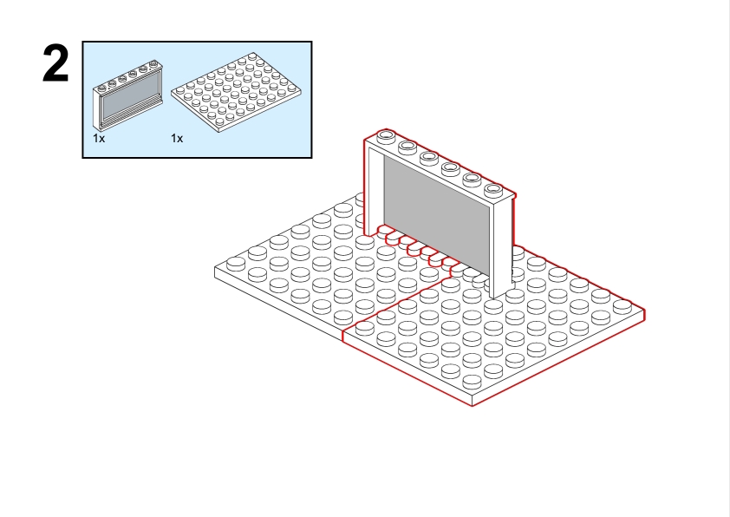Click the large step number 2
point(55,64)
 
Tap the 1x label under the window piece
point(99,138)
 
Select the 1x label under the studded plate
point(177,138)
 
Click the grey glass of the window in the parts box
point(130,98)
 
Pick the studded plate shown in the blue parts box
point(236,92)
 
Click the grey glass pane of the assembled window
point(436,215)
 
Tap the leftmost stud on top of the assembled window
point(386,136)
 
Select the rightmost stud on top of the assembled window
point(493,189)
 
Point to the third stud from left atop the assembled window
point(428,157)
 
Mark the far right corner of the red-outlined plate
point(644,309)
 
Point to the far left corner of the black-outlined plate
point(215,267)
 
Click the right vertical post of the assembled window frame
point(502,246)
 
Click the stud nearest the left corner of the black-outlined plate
point(236,264)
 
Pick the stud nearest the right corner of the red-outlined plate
point(622,306)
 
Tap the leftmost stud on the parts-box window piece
point(102,87)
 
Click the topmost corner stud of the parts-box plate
point(252,56)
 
